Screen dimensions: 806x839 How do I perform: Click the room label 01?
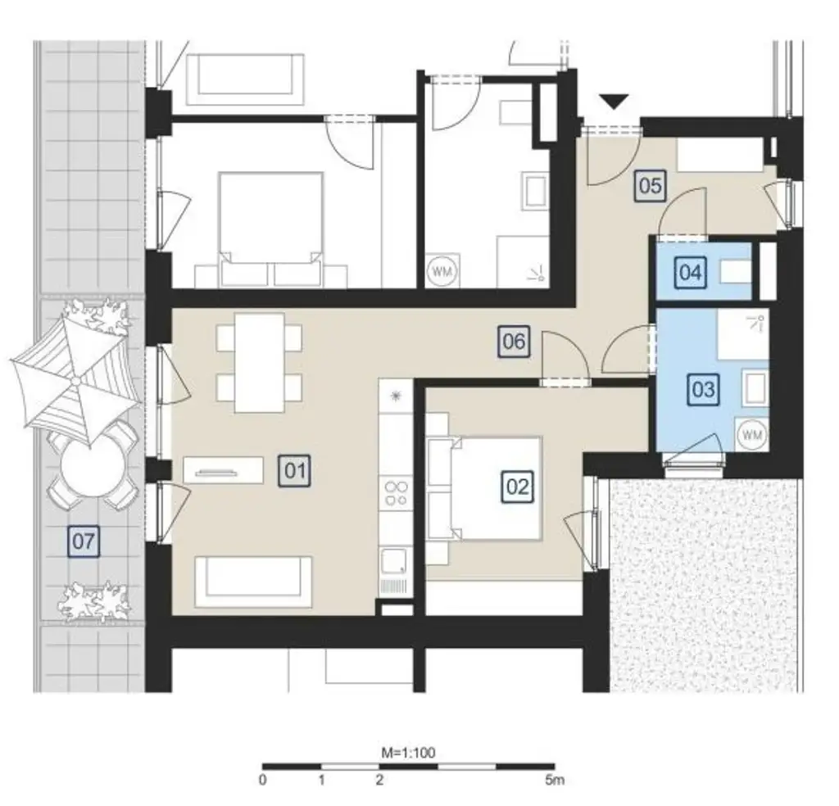296,471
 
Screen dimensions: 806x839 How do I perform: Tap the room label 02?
518,487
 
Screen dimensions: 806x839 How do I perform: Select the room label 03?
704,389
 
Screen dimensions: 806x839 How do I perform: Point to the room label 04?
691,272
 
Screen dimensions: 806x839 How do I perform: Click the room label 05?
650,186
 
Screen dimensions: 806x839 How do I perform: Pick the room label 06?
514,340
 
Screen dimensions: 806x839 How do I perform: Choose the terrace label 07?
84,541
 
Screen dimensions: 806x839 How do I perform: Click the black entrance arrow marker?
613,102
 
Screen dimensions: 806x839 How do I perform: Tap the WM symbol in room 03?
751,435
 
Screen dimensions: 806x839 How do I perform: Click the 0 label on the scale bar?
262,780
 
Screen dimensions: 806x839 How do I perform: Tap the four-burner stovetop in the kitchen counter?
397,492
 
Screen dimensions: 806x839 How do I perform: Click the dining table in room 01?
259,362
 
